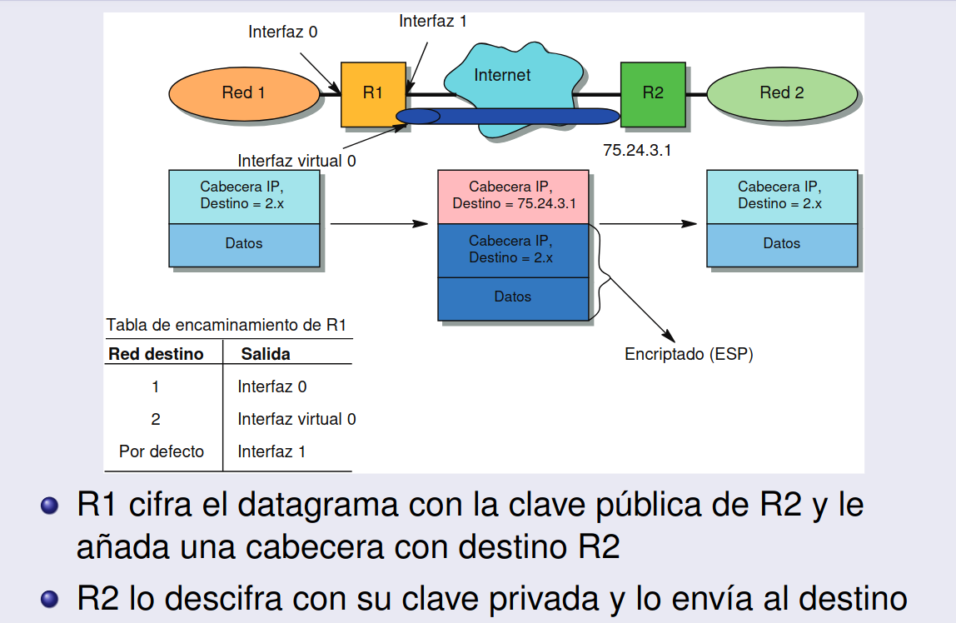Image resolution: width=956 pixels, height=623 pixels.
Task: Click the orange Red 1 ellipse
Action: click(x=244, y=93)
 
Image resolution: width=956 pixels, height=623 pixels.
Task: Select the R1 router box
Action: click(x=373, y=93)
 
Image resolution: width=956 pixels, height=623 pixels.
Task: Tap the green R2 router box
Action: click(x=654, y=93)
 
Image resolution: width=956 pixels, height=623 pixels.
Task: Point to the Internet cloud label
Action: click(x=502, y=76)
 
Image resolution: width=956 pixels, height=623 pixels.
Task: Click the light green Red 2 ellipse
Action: click(x=782, y=93)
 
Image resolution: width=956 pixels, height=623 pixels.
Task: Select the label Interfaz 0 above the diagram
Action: click(x=283, y=32)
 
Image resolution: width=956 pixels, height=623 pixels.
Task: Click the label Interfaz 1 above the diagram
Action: click(x=433, y=22)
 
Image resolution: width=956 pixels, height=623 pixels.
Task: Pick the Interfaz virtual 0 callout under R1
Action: click(x=296, y=161)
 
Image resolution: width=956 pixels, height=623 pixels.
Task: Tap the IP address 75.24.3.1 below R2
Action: click(x=637, y=151)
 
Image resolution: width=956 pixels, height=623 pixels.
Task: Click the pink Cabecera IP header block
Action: click(x=513, y=196)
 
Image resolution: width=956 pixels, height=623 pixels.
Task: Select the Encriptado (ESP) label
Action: click(x=689, y=355)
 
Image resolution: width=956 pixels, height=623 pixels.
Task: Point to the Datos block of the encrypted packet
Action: click(x=513, y=297)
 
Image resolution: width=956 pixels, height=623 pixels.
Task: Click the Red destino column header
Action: click(x=156, y=354)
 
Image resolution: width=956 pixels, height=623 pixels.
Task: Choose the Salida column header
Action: click(x=266, y=354)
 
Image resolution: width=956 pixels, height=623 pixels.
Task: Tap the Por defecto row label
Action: click(x=162, y=451)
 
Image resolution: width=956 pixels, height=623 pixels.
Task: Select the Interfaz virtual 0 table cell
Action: click(x=296, y=419)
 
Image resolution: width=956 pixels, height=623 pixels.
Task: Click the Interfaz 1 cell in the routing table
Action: click(x=271, y=451)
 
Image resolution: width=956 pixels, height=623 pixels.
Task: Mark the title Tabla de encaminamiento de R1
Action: click(x=227, y=325)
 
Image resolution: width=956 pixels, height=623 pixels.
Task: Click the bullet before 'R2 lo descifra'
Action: click(x=52, y=599)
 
